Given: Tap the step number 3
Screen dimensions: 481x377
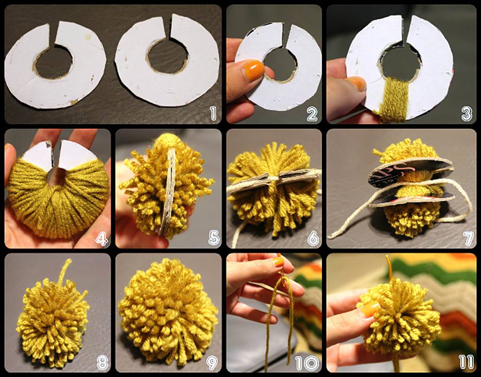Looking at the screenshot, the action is point(466,114).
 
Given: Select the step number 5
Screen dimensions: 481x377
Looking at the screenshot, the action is point(214,238).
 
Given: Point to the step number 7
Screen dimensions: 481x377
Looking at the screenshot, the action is point(468,239).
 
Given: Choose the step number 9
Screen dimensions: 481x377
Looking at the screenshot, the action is point(212,363).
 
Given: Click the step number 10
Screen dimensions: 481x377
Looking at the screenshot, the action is point(307,363).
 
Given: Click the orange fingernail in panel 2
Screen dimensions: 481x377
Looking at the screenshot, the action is point(253,70).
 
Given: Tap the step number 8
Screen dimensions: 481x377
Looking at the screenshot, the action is point(102,363).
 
